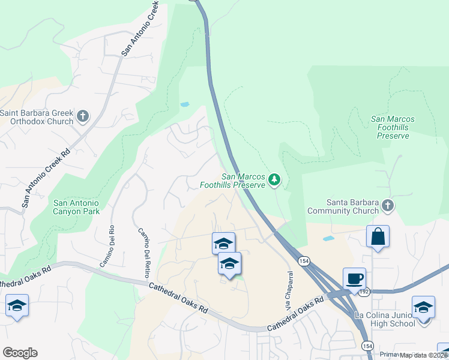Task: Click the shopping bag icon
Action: pyautogui.click(x=378, y=236)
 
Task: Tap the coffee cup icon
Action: pyautogui.click(x=354, y=279)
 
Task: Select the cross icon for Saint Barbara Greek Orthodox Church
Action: pyautogui.click(x=83, y=115)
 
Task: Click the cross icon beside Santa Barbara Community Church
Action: pyautogui.click(x=388, y=205)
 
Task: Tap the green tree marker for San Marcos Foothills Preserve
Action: pyautogui.click(x=274, y=179)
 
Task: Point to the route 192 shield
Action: pyautogui.click(x=363, y=292)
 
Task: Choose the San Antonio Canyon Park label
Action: pyautogui.click(x=76, y=207)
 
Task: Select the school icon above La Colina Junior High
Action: pyautogui.click(x=423, y=308)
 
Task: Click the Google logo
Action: pyautogui.click(x=20, y=353)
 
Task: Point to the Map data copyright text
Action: pyautogui.click(x=423, y=355)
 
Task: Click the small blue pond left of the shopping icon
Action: pyautogui.click(x=328, y=238)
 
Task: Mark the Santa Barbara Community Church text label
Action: pyautogui.click(x=343, y=206)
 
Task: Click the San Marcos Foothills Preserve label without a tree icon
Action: pyautogui.click(x=393, y=127)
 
